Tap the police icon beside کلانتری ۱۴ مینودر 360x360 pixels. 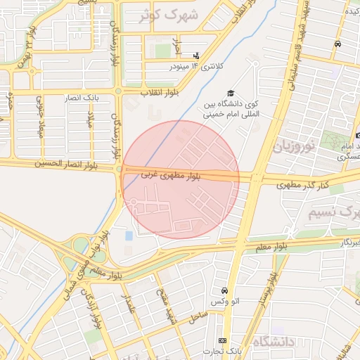point(195,55)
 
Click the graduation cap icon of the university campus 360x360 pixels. point(229,94)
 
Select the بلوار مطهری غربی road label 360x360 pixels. point(173,174)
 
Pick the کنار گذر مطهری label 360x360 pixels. point(288,185)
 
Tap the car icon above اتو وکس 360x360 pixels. point(224,290)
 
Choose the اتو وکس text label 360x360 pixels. point(225,302)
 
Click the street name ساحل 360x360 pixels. point(198,319)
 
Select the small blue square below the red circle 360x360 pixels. point(129,234)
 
